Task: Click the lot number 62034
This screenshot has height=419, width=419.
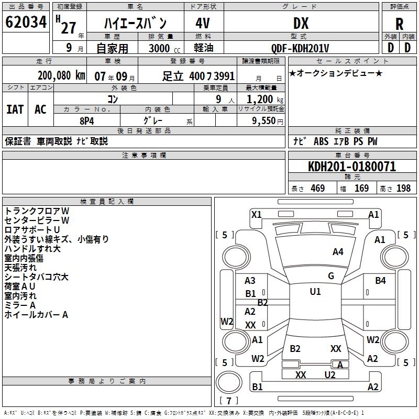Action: tap(26, 23)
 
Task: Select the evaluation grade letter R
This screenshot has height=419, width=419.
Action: tap(399, 25)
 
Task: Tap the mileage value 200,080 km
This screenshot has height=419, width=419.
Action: tap(61, 76)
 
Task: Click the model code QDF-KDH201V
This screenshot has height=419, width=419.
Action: tap(301, 48)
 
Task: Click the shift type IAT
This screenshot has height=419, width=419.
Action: tap(15, 109)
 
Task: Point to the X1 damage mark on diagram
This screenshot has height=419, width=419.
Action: tap(257, 214)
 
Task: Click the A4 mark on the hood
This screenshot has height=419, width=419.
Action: tap(338, 252)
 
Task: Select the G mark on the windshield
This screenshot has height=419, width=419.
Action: tap(330, 276)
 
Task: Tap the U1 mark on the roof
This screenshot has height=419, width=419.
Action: tap(315, 292)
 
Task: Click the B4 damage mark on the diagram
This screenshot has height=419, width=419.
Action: tap(380, 281)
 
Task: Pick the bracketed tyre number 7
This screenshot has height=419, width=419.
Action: tap(229, 401)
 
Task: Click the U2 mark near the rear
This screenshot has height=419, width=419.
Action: tap(329, 374)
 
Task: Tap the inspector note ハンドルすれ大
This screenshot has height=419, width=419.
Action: tap(32, 249)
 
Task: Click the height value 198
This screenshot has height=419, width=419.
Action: tap(403, 188)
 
